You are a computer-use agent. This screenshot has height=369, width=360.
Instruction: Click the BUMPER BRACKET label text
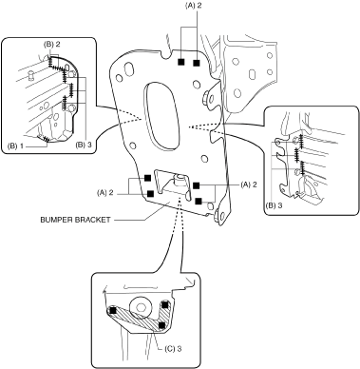75,220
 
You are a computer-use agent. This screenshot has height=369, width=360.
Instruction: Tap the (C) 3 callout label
173,349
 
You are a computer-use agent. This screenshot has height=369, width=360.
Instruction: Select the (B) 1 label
16,146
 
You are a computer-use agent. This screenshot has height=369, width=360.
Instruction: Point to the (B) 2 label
52,45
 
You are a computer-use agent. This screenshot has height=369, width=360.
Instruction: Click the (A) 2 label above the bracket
193,6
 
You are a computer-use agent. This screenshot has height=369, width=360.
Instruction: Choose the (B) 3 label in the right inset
274,204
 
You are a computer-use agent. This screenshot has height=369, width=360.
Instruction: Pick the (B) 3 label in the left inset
84,145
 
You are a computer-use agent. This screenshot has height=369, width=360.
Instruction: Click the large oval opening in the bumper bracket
161,116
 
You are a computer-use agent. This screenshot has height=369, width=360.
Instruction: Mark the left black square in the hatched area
112,311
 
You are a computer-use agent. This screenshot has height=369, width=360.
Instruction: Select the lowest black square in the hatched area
161,325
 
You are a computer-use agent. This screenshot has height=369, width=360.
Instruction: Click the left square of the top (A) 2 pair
180,62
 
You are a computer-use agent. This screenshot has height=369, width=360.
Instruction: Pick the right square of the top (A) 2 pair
197,63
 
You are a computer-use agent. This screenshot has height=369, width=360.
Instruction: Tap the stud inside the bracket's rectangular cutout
179,181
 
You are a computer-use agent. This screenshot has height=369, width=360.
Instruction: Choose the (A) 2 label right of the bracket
249,184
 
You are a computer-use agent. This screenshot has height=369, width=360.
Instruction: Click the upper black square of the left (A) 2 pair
147,178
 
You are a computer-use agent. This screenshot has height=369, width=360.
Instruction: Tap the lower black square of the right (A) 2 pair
199,201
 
